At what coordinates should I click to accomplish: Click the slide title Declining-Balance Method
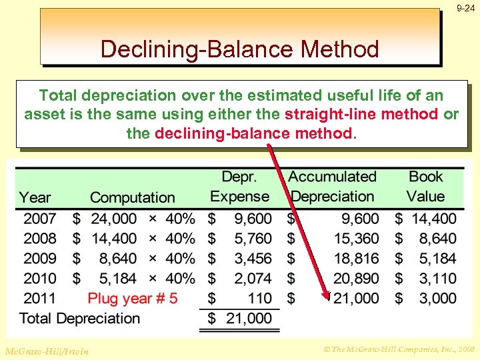[239, 49]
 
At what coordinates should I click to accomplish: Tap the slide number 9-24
[465, 9]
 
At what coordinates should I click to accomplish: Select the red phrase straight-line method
[362, 114]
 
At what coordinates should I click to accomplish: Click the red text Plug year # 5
[133, 298]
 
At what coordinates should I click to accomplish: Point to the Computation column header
[132, 197]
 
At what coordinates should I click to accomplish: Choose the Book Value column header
[426, 187]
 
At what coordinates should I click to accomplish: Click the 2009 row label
[40, 258]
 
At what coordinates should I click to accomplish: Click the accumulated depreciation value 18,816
[356, 258]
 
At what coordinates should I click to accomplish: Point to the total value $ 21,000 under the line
[240, 319]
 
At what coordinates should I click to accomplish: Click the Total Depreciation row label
[80, 318]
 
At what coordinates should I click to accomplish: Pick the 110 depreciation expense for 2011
[259, 298]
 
